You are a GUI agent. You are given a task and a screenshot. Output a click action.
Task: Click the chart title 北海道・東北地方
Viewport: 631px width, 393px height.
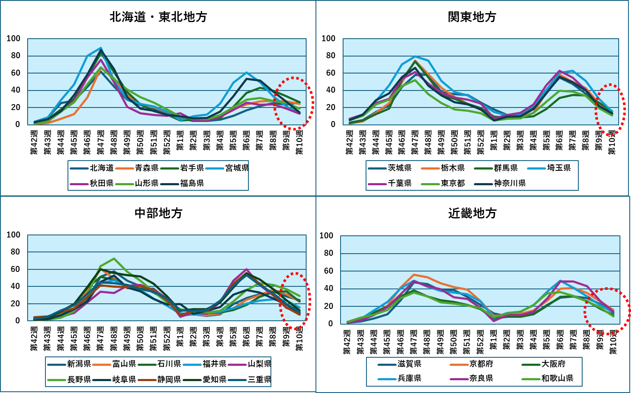158,17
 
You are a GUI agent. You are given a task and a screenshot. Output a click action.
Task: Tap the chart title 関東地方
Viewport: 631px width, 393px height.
472,17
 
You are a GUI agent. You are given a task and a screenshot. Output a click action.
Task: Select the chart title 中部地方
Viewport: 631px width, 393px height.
158,213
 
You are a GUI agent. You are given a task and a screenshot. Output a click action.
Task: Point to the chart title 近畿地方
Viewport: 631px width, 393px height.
472,213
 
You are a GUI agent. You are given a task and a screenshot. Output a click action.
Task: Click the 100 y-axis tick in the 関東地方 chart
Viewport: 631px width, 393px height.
328,39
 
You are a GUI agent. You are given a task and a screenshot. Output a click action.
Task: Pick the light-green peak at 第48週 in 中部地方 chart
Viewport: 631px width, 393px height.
114,258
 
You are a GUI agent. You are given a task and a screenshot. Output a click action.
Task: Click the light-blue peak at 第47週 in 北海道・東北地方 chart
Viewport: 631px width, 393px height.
101,48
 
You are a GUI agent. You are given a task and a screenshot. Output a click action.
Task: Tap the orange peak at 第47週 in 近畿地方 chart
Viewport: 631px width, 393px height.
414,275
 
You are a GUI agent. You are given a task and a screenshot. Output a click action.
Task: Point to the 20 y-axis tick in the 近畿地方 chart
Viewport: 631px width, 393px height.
328,306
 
